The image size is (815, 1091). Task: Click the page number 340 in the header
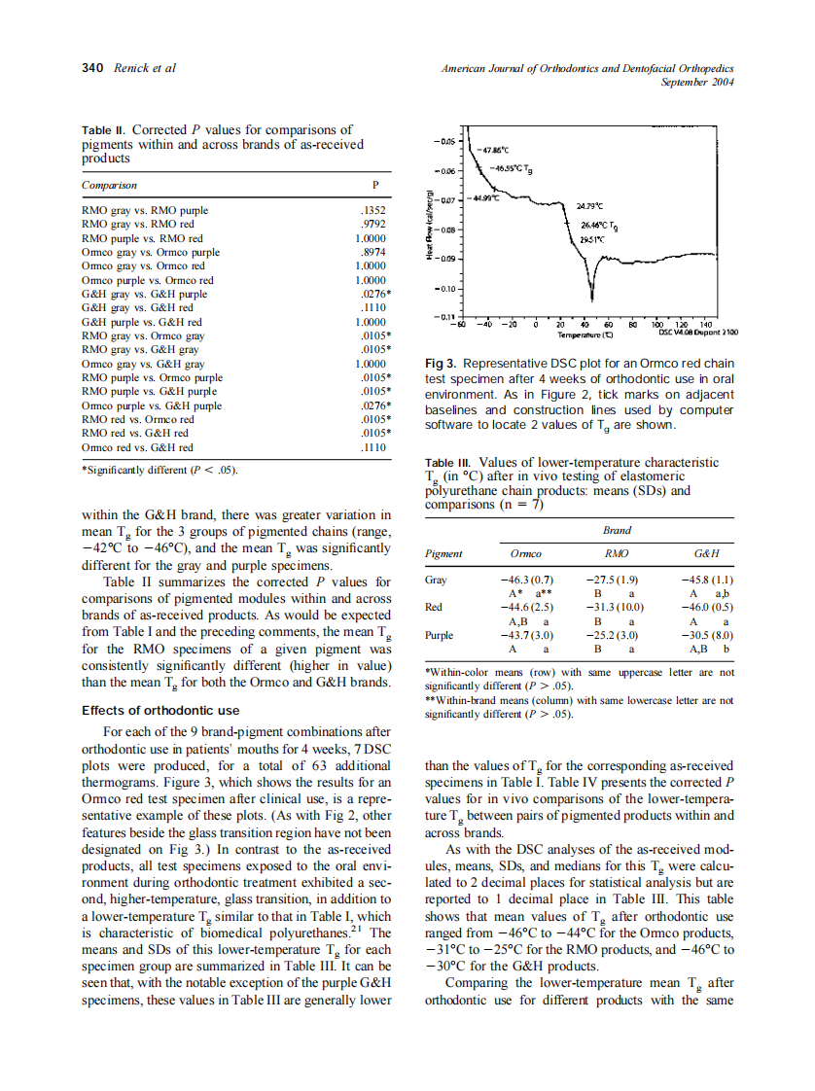[x=92, y=68]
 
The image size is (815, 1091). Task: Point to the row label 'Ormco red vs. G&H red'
[x=137, y=447]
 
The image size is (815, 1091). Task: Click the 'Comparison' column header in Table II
[x=109, y=184]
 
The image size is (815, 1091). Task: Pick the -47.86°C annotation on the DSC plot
[x=497, y=150]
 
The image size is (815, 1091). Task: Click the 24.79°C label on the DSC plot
[x=589, y=207]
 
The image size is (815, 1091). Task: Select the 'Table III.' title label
[x=448, y=464]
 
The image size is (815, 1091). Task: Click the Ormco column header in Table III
[x=525, y=553]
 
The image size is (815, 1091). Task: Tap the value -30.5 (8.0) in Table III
[x=711, y=634]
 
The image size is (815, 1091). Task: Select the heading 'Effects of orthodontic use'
[x=160, y=711]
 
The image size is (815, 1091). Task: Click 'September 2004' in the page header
[x=696, y=82]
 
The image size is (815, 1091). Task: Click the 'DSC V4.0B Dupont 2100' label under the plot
[x=698, y=333]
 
